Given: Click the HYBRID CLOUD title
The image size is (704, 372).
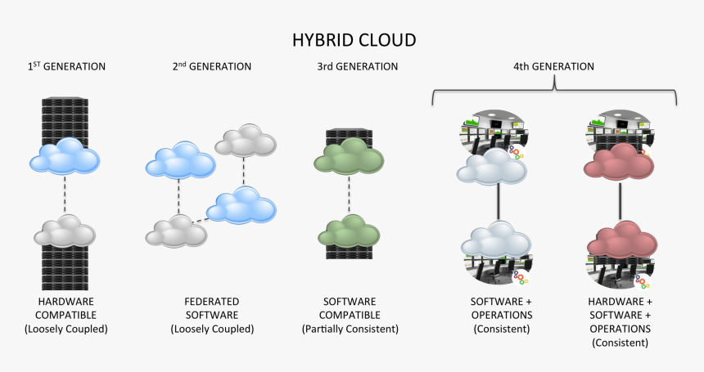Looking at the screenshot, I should click(354, 39).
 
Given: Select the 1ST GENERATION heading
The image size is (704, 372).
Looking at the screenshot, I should click(66, 66).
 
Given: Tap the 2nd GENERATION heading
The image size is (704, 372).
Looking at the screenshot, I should click(212, 66).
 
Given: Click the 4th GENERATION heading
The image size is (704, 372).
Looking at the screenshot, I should click(554, 66).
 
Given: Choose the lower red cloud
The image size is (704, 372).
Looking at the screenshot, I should click(620, 243).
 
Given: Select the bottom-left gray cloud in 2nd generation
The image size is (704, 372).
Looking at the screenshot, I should click(174, 232).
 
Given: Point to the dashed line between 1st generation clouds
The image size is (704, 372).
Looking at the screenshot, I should click(65, 195).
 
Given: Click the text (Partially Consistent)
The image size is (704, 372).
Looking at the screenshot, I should click(350, 329).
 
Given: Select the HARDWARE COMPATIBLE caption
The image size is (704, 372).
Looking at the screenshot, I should click(66, 307).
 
